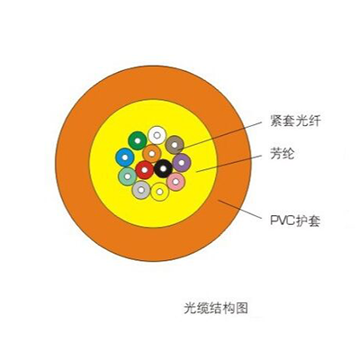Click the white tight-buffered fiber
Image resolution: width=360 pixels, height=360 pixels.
click(157, 135)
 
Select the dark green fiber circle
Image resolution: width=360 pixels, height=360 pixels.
click(138, 140)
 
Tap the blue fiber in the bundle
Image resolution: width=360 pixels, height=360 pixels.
click(125, 157)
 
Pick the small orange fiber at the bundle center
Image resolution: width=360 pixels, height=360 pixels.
click(152, 154)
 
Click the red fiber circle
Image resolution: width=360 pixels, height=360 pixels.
click(145, 170)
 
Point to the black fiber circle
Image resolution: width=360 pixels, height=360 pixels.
click(163, 168)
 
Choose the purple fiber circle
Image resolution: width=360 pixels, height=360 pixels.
click(182, 163)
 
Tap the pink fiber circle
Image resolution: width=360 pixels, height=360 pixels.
click(175, 182)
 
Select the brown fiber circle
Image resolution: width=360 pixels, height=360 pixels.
click(175, 145)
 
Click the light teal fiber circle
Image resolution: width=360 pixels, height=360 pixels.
click(128, 176)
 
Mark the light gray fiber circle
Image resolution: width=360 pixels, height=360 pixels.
click(141, 190)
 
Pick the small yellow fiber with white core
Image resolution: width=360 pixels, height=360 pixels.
click(160, 192)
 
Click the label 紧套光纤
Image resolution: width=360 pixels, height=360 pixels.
click(295, 121)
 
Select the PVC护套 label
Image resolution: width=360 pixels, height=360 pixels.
click(295, 220)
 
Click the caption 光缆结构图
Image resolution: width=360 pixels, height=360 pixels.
click(216, 308)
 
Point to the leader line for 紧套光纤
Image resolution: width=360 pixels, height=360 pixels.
click(220, 135)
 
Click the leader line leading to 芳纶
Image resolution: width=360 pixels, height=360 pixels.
click(229, 164)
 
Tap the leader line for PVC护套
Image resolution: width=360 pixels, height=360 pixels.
click(239, 209)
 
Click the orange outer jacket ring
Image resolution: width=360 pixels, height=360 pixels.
click(73, 164)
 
